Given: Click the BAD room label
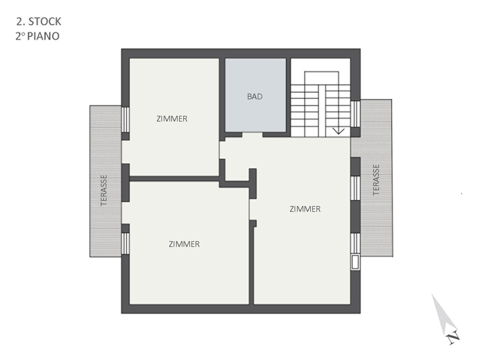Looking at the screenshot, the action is (x=255, y=97).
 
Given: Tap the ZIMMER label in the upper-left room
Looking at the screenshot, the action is (x=172, y=119).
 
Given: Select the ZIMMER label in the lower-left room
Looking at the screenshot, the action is (x=184, y=244).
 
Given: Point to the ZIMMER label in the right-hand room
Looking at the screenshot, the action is (x=305, y=209).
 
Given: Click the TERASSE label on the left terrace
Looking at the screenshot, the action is (x=104, y=190).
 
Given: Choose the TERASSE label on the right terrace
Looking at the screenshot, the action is (x=376, y=180).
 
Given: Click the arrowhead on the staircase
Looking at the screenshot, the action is (x=338, y=132).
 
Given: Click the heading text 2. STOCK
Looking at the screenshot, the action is (x=39, y=22).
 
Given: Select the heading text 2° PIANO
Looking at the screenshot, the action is (x=37, y=36).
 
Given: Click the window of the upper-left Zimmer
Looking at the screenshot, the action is (x=125, y=120).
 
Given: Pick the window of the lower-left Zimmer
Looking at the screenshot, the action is (x=125, y=243).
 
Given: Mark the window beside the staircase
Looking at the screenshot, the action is (x=355, y=114).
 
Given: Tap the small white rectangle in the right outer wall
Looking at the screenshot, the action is (x=355, y=263).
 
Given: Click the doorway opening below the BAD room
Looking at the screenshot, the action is (x=252, y=135).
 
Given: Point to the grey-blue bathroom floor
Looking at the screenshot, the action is (x=256, y=95).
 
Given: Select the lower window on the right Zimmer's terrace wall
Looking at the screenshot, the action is (x=355, y=243).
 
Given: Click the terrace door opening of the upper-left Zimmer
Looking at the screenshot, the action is (x=125, y=152).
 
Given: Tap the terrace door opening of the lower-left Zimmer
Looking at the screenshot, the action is (x=125, y=213).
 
